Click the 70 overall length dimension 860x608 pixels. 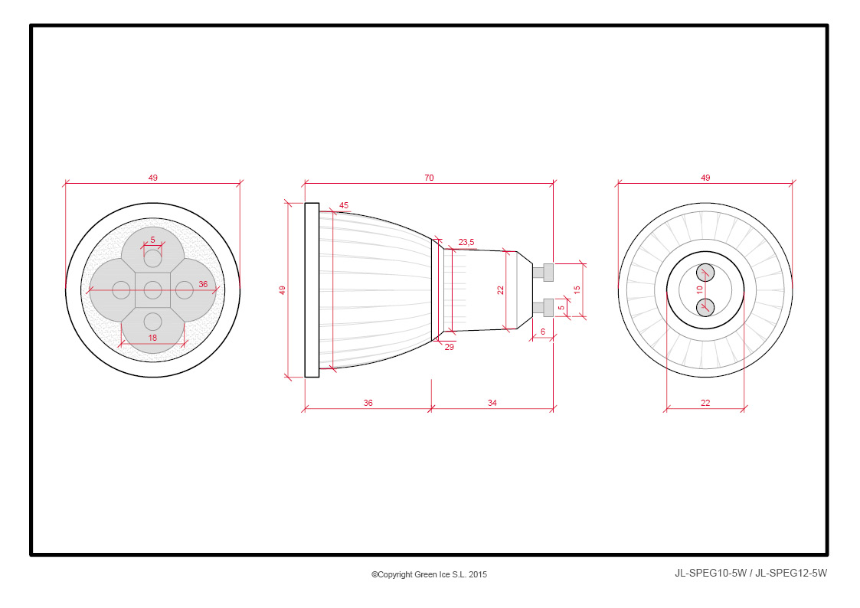[429, 178]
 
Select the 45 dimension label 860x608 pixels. [344, 205]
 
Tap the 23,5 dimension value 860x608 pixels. [466, 242]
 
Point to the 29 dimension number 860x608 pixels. [450, 347]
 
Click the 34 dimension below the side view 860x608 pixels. [492, 403]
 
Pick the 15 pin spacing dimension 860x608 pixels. [577, 290]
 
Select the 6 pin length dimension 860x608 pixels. [543, 332]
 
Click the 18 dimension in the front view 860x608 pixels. [152, 338]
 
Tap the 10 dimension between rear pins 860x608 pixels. [699, 289]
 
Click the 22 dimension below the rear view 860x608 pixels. [705, 403]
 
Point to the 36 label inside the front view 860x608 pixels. [203, 285]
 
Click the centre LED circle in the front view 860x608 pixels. [152, 290]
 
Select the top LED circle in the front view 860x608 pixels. [152, 258]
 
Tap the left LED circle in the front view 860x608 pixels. [121, 290]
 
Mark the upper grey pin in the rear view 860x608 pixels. [705, 273]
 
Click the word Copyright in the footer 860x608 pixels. [394, 574]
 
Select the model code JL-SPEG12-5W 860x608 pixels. [791, 574]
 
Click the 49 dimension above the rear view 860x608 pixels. [705, 178]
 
